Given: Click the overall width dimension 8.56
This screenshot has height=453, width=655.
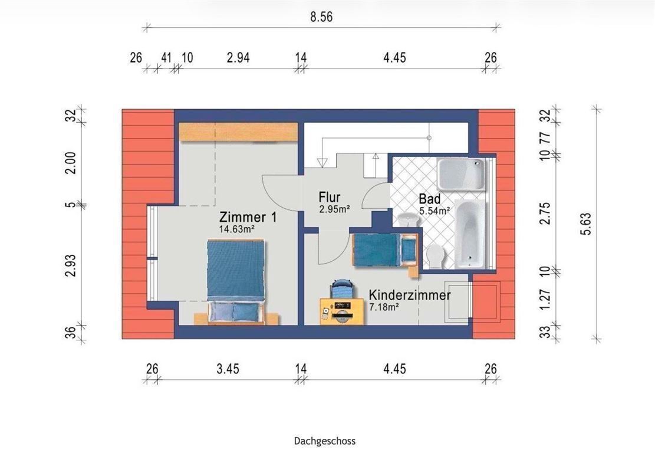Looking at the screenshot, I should coord(322,17).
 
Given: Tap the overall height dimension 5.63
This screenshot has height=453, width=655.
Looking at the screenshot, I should coord(585,224).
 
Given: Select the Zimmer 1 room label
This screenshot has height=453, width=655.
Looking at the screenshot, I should coord(248,217).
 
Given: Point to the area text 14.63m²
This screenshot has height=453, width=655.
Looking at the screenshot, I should coord(240,230).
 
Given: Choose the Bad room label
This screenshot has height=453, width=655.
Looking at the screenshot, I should coord(430,198).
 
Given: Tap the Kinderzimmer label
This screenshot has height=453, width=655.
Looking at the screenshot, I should coord(410,294).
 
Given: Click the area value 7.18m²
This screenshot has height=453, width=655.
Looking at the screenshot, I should coord(384,307).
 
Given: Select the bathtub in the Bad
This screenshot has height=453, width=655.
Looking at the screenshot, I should coord(470,232).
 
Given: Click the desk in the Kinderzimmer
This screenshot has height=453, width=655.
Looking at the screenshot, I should coord(341,311).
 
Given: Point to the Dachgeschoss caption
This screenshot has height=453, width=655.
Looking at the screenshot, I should coord(325,441).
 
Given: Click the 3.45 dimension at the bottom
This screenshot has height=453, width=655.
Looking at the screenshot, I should coord(228,369).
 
